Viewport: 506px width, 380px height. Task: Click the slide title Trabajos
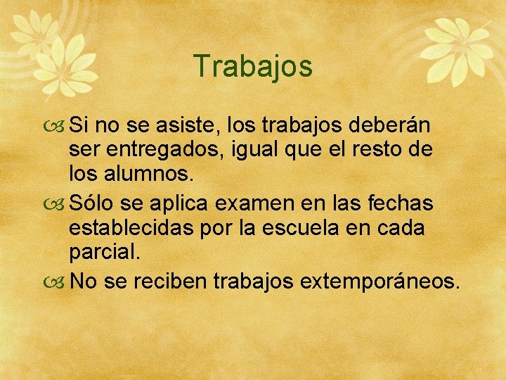253,67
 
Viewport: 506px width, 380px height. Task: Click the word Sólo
92,203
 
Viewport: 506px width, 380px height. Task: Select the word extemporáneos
380,281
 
